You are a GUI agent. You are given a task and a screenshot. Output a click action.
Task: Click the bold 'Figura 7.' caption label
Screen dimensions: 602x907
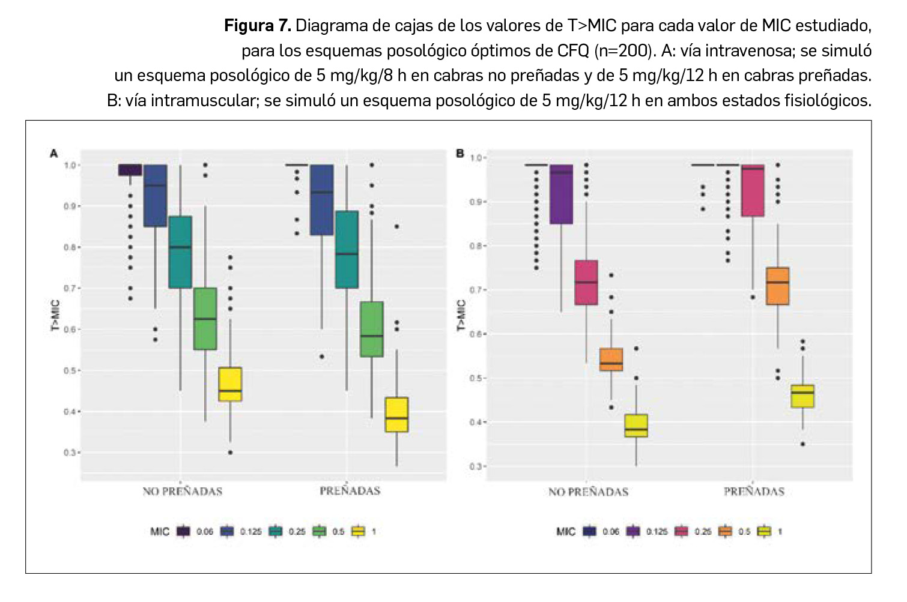257,26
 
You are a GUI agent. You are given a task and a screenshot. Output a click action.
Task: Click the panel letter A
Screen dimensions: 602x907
53,154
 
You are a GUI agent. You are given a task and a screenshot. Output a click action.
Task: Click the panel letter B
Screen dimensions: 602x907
460,153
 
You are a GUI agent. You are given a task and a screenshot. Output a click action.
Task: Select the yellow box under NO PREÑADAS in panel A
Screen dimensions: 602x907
230,384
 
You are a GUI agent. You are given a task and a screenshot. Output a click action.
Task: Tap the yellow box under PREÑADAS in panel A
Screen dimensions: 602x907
396,414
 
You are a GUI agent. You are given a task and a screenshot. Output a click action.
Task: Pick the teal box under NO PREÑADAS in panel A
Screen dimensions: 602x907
180,252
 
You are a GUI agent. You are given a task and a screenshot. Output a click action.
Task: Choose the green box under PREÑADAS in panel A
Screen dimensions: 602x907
372,329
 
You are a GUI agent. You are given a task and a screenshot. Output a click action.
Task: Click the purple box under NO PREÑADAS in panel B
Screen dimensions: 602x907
561,194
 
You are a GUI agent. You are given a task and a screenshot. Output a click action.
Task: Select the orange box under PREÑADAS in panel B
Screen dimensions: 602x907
778,286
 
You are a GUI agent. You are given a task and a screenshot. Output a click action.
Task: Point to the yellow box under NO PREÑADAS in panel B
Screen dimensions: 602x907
636,425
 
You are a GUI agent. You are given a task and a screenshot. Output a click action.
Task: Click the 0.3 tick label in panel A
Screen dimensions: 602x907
70,453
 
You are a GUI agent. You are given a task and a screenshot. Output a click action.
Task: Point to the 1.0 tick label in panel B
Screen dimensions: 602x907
476,158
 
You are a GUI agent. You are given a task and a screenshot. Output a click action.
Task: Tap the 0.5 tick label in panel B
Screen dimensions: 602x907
476,378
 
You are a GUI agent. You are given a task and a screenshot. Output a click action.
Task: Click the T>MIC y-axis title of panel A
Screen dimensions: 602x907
55,315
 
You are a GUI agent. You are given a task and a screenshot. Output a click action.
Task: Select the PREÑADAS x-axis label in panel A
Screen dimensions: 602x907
350,491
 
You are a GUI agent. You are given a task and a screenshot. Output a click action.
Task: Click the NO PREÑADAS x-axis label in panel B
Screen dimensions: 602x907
588,492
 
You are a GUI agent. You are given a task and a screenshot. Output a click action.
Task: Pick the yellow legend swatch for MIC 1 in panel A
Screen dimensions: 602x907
359,531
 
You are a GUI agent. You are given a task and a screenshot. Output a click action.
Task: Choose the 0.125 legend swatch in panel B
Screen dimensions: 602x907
634,531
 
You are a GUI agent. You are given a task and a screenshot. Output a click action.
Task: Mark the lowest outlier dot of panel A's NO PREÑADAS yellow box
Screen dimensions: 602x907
231,453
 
